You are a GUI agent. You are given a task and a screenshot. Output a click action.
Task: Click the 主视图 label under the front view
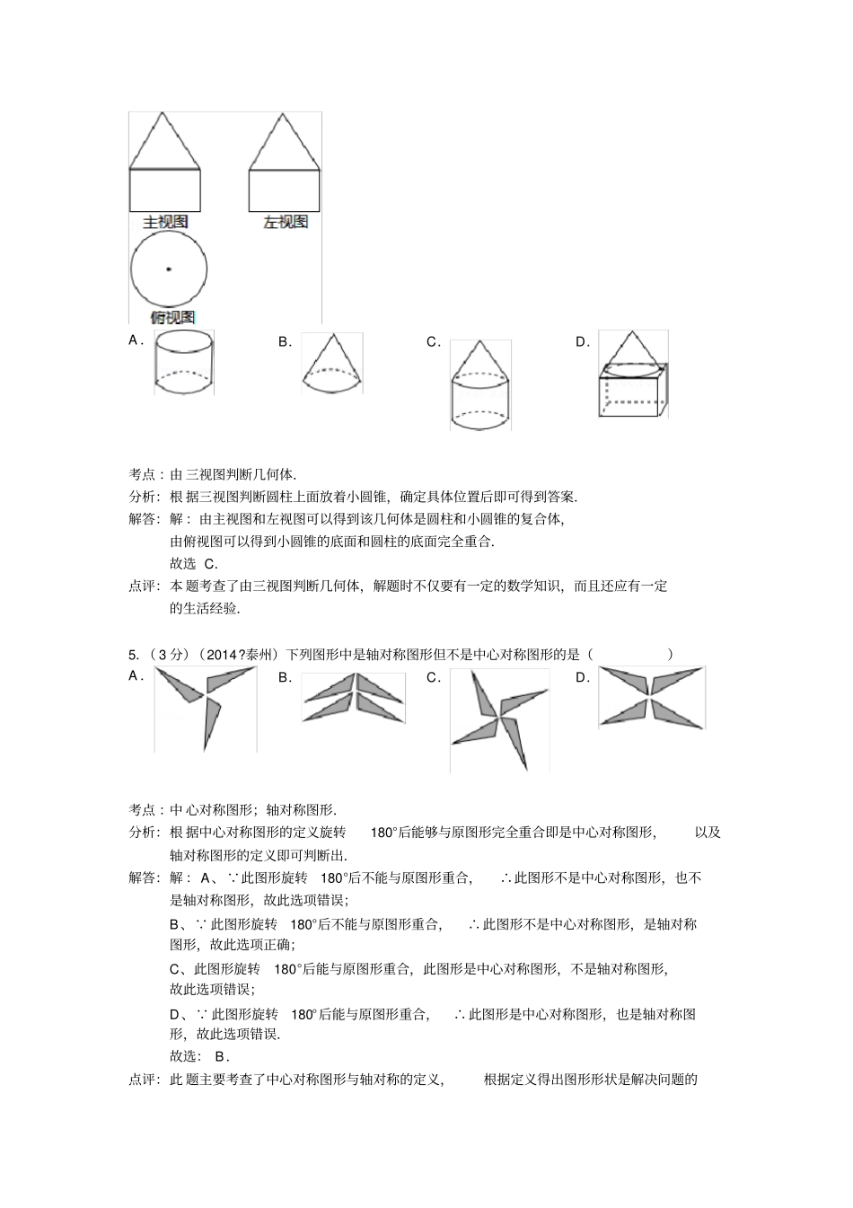[x=165, y=221]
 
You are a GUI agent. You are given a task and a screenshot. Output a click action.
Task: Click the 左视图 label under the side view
[x=285, y=221]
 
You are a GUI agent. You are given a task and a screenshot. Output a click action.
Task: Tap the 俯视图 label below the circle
[x=171, y=316]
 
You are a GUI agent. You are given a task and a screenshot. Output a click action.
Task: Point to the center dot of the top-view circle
[x=168, y=269]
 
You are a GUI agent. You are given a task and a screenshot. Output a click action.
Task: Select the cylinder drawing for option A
[x=184, y=363]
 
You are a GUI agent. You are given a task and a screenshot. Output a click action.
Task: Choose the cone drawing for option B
[x=331, y=362]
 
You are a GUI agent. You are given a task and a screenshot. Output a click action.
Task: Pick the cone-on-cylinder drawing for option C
[x=479, y=385]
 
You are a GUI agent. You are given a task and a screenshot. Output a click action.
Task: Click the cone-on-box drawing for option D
[x=633, y=375]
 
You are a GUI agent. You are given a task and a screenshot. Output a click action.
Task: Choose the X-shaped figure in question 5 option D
[x=652, y=697]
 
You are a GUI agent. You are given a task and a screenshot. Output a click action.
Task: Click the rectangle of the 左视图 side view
[x=285, y=190]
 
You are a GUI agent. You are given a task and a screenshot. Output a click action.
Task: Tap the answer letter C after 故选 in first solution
[x=210, y=564]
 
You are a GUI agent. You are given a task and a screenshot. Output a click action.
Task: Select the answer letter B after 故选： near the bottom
[x=220, y=1056]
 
